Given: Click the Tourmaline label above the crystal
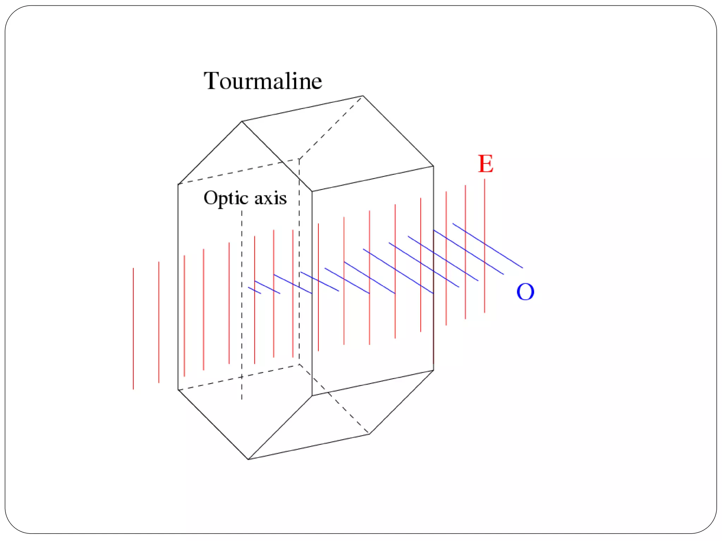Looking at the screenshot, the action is (263, 81).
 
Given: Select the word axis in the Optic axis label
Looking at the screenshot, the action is (270, 198).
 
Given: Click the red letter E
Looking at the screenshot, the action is (485, 164).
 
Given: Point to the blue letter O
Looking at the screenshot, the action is (525, 292).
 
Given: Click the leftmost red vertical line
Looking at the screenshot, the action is (133, 328).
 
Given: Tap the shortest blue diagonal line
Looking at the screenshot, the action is (255, 291).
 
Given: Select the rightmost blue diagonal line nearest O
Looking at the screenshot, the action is (488, 245).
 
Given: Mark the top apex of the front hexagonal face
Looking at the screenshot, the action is (242, 122).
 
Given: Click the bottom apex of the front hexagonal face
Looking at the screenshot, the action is (249, 459).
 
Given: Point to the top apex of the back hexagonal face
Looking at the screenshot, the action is (363, 96).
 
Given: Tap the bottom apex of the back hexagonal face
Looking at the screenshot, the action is (369, 434).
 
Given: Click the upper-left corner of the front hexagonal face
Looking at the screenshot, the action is (178, 184).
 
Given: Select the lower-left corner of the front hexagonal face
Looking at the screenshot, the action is (178, 390).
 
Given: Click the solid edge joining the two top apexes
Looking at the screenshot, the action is (302, 108).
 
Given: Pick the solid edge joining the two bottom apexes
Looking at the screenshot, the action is (309, 447).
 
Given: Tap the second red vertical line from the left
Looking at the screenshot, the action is (159, 322).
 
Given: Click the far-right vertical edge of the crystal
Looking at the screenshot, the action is (433, 268).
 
